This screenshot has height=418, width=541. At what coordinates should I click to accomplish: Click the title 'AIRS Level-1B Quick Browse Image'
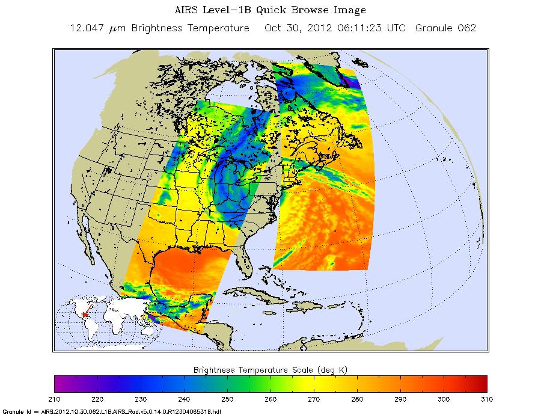pyautogui.click(x=270, y=10)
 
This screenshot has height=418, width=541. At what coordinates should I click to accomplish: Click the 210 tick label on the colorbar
pyautogui.click(x=54, y=399)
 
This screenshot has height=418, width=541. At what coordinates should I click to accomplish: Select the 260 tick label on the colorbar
pyautogui.click(x=270, y=399)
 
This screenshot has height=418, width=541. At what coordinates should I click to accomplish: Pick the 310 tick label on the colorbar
pyautogui.click(x=486, y=399)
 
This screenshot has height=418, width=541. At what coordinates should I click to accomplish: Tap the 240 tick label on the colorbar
pyautogui.click(x=184, y=399)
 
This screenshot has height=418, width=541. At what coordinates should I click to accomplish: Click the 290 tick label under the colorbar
pyautogui.click(x=400, y=399)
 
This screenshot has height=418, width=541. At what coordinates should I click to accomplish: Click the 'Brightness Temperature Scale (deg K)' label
pyautogui.click(x=270, y=368)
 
